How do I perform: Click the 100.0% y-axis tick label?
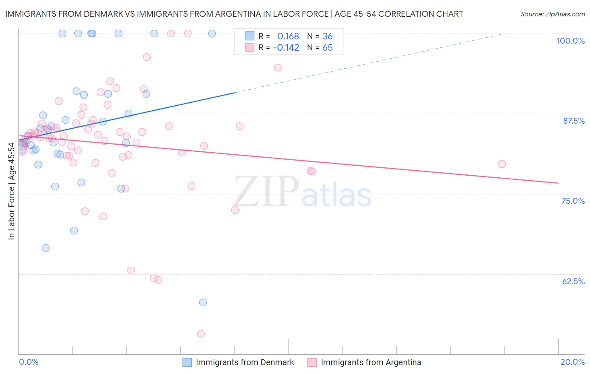tap(570, 41)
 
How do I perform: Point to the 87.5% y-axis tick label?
tap(574, 121)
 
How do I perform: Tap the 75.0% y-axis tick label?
tap(573, 201)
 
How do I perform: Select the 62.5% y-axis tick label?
tap(573, 281)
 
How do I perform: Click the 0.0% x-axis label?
tap(29, 362)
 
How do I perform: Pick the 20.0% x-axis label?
tap(572, 362)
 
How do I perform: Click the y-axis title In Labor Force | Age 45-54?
tap(11, 191)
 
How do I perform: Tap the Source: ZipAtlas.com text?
tap(552, 14)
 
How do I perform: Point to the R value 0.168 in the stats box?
tap(288, 36)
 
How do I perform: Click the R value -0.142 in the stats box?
tap(286, 48)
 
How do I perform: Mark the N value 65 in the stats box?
tap(327, 48)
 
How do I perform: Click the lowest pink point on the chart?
tap(201, 334)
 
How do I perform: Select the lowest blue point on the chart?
tap(203, 302)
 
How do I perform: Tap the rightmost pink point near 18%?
tap(502, 164)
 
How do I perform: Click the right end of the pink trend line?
tap(558, 183)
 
